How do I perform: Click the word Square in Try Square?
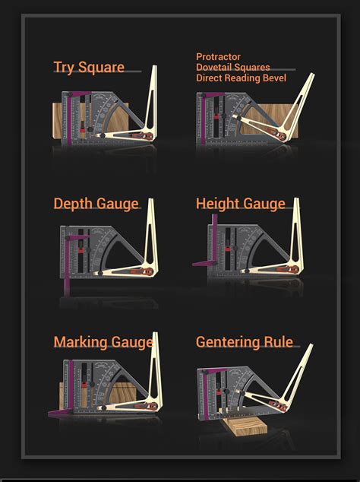pos(101,68)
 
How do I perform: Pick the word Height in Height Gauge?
pos(216,204)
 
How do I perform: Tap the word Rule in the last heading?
pos(278,342)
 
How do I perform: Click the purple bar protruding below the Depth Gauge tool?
pos(68,282)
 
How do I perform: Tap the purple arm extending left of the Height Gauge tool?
pos(202,262)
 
